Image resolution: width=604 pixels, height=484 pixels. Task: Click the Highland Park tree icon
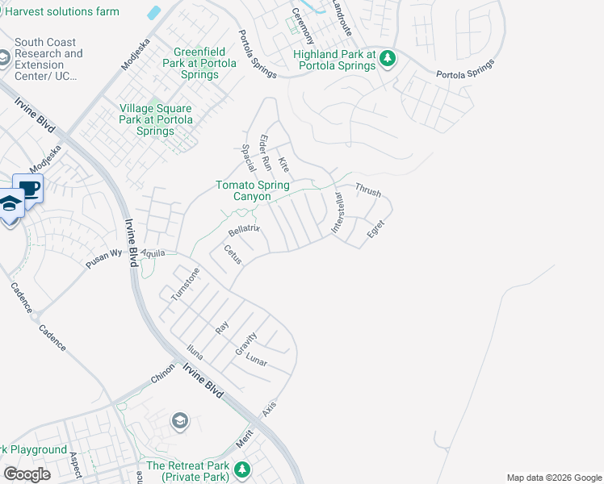(x=388, y=58)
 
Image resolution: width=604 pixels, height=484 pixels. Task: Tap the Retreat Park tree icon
(x=241, y=469)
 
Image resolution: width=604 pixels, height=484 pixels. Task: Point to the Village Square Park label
(x=156, y=119)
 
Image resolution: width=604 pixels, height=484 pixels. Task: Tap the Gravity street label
(x=245, y=344)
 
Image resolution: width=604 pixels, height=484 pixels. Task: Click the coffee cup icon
(x=29, y=189)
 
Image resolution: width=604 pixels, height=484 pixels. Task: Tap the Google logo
(x=27, y=474)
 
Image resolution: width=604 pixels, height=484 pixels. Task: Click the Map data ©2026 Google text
(x=553, y=478)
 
